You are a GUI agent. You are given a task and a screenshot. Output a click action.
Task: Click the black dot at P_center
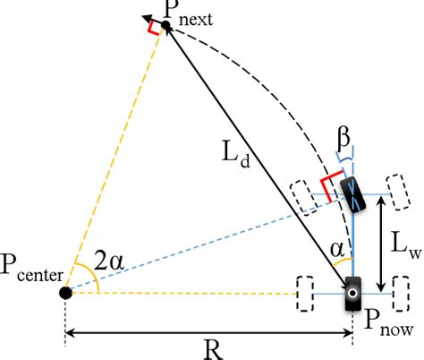64,292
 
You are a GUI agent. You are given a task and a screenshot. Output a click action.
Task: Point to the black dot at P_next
165,25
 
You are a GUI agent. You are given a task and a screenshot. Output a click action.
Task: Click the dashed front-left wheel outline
303,196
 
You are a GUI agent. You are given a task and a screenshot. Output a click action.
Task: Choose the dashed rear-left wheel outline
304,293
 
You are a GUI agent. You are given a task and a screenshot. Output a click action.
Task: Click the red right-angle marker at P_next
155,27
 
